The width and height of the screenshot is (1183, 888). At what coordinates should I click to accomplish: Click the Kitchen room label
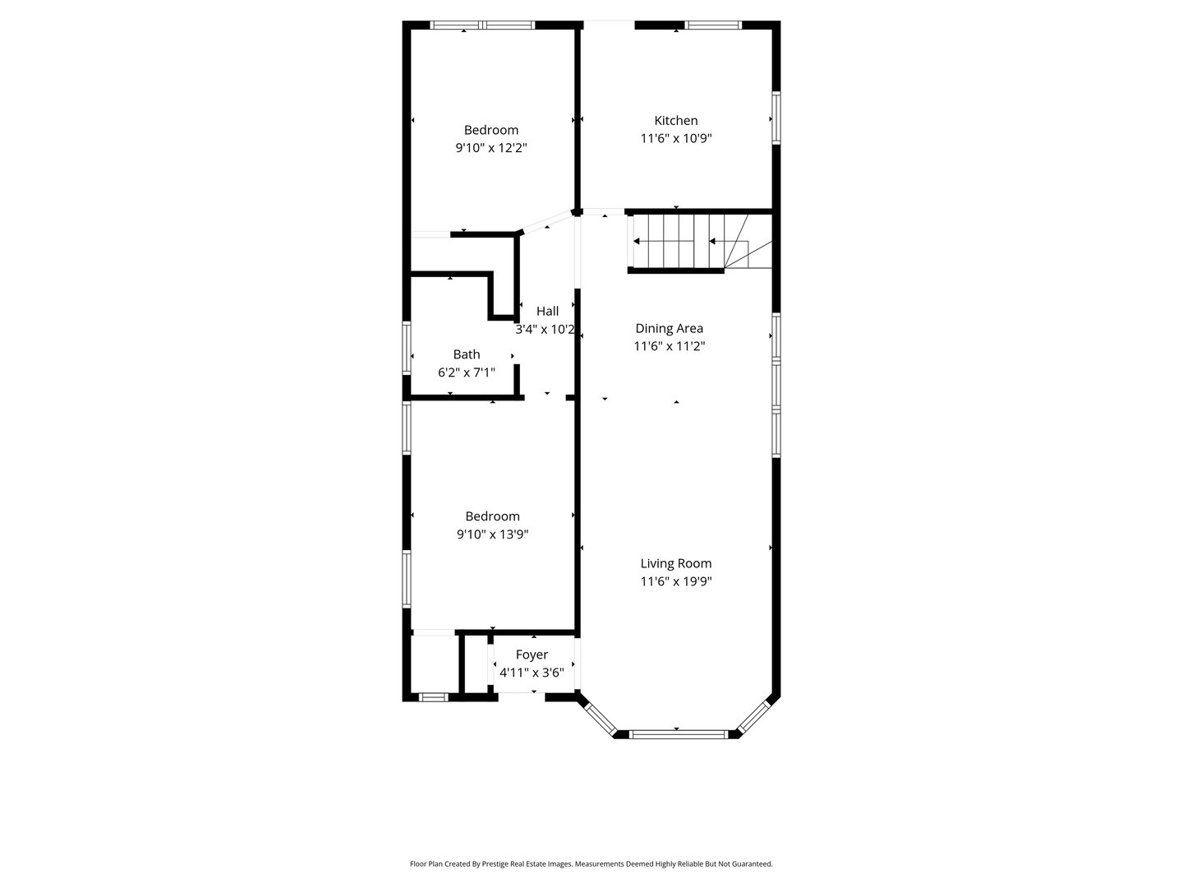[x=675, y=120]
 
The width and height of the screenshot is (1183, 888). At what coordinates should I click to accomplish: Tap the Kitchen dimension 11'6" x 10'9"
[x=675, y=139]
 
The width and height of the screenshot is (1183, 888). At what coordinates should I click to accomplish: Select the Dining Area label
[x=669, y=328]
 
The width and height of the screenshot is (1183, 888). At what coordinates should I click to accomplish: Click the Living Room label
[x=675, y=563]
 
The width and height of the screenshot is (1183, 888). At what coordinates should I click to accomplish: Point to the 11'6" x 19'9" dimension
[x=675, y=582]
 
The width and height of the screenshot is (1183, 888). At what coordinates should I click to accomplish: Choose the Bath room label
[x=466, y=354]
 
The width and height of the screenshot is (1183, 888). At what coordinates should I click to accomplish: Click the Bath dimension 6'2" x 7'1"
[x=466, y=372]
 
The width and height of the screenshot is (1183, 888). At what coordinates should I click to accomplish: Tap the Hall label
[x=547, y=311]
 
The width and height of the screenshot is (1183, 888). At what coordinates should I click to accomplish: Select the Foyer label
[x=532, y=654]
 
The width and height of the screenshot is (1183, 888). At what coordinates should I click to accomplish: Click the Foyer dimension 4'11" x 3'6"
[x=532, y=673]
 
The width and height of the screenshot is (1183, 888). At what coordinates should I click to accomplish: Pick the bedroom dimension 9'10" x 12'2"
[x=490, y=149]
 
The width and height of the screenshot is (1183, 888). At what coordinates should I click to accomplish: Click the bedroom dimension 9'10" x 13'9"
[x=492, y=534]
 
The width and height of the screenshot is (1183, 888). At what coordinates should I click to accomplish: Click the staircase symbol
[x=700, y=242]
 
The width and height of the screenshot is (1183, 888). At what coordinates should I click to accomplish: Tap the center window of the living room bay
[x=678, y=733]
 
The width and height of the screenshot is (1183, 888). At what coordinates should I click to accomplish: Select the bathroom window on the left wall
[x=407, y=348]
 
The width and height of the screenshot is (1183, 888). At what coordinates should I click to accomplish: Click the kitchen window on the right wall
[x=776, y=118]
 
